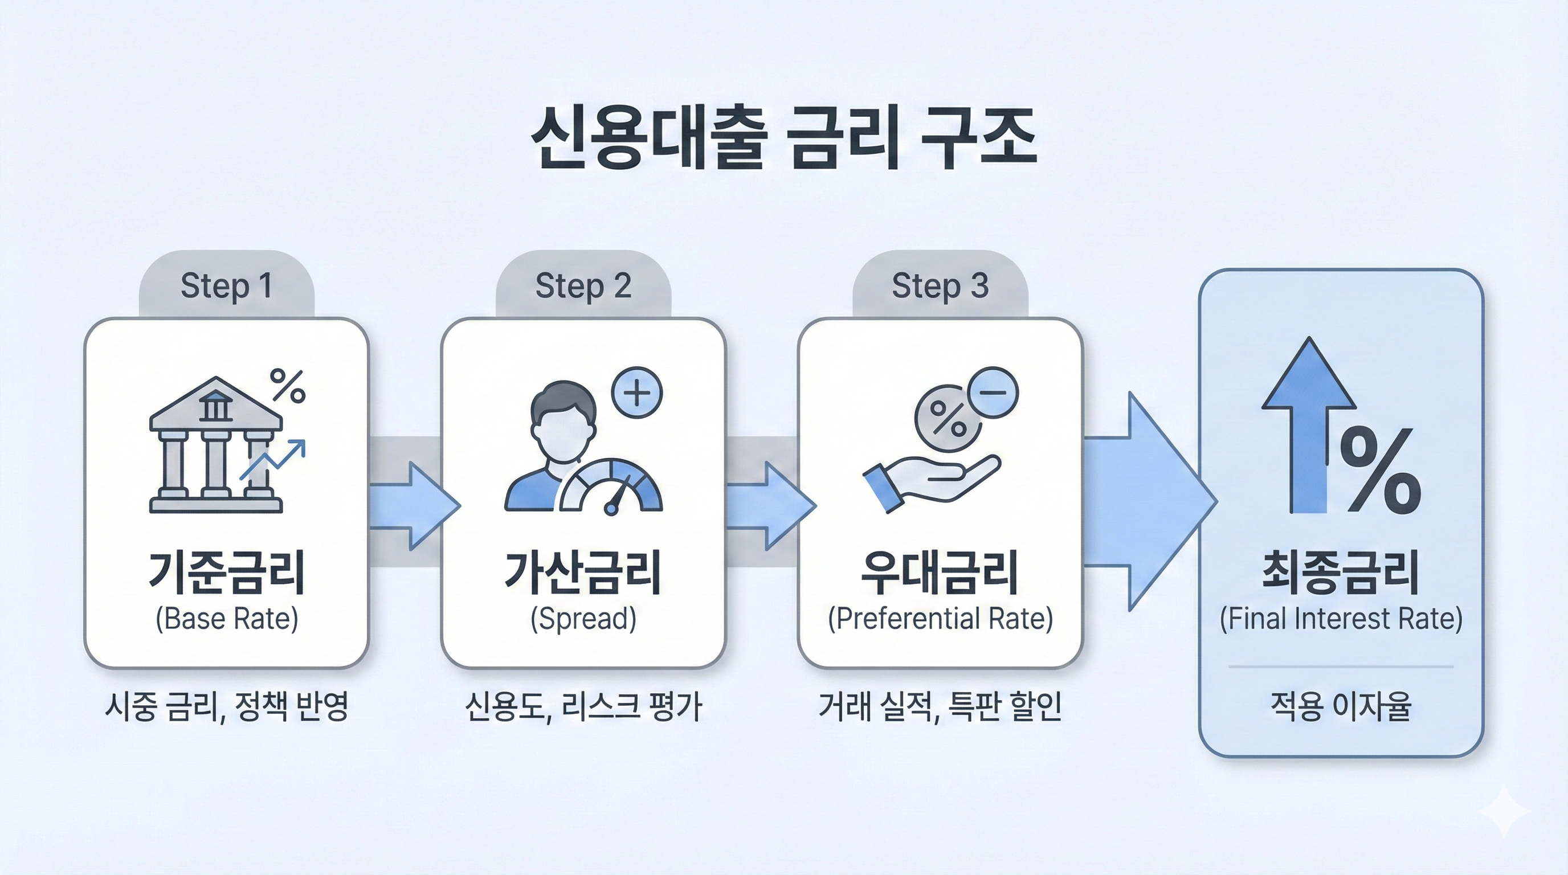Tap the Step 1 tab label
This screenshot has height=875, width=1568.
[226, 285]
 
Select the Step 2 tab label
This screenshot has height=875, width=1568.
[583, 285]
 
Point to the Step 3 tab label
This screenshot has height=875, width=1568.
[940, 285]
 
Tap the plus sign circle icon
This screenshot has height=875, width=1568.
[636, 392]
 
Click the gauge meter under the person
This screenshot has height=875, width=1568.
[611, 487]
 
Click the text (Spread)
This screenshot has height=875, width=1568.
[583, 619]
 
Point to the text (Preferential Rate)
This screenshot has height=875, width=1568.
[940, 619]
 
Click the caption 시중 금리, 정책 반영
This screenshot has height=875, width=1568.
[226, 706]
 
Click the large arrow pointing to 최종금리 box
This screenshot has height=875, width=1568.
[1144, 502]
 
